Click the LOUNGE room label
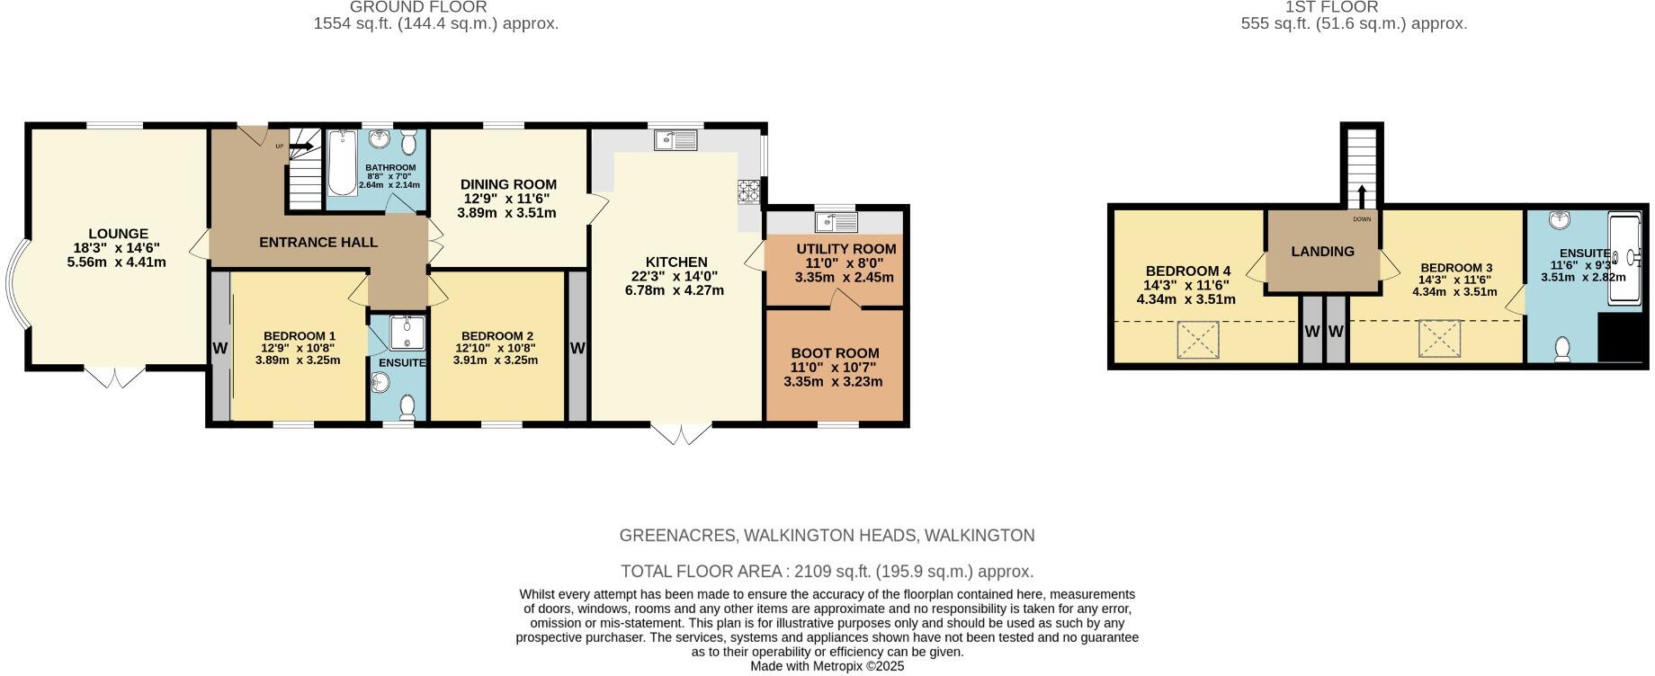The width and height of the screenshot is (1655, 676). [x=118, y=234]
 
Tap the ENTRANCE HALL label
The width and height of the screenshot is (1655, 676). [x=318, y=243]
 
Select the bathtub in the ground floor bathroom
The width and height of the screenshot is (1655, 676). [x=342, y=164]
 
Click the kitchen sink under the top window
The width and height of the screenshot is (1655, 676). [x=676, y=139]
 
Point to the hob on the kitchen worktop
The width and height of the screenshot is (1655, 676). [x=749, y=190]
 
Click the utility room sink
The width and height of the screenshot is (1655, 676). [x=836, y=220]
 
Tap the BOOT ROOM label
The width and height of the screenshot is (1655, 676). [x=835, y=353]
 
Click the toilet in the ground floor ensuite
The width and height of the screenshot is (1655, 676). [x=407, y=407]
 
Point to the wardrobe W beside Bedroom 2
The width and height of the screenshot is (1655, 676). [x=577, y=348]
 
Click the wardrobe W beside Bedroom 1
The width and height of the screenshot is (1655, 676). [x=219, y=348]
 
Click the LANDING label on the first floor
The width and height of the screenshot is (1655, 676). [x=1322, y=252]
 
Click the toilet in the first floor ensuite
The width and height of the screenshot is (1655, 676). [x=1562, y=348]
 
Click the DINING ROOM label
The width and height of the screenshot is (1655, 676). [x=508, y=184]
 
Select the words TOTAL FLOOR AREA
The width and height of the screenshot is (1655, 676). [x=702, y=572]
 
